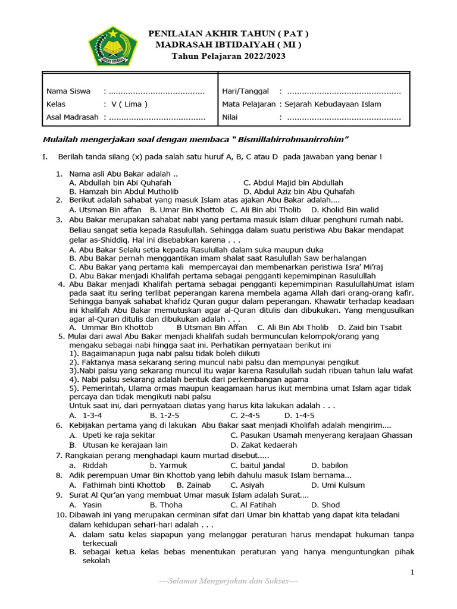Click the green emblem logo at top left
click(x=112, y=46)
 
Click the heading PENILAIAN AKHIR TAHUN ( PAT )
click(x=228, y=33)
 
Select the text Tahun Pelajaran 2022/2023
click(x=228, y=56)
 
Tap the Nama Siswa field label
click(x=68, y=91)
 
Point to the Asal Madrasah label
click(x=73, y=117)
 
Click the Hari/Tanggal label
click(x=245, y=91)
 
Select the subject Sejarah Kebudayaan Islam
click(x=333, y=104)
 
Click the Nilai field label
click(x=230, y=117)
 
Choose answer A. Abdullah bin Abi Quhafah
click(x=120, y=183)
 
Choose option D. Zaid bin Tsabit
click(x=370, y=327)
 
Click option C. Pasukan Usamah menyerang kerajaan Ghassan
click(x=321, y=435)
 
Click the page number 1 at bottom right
click(x=412, y=572)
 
